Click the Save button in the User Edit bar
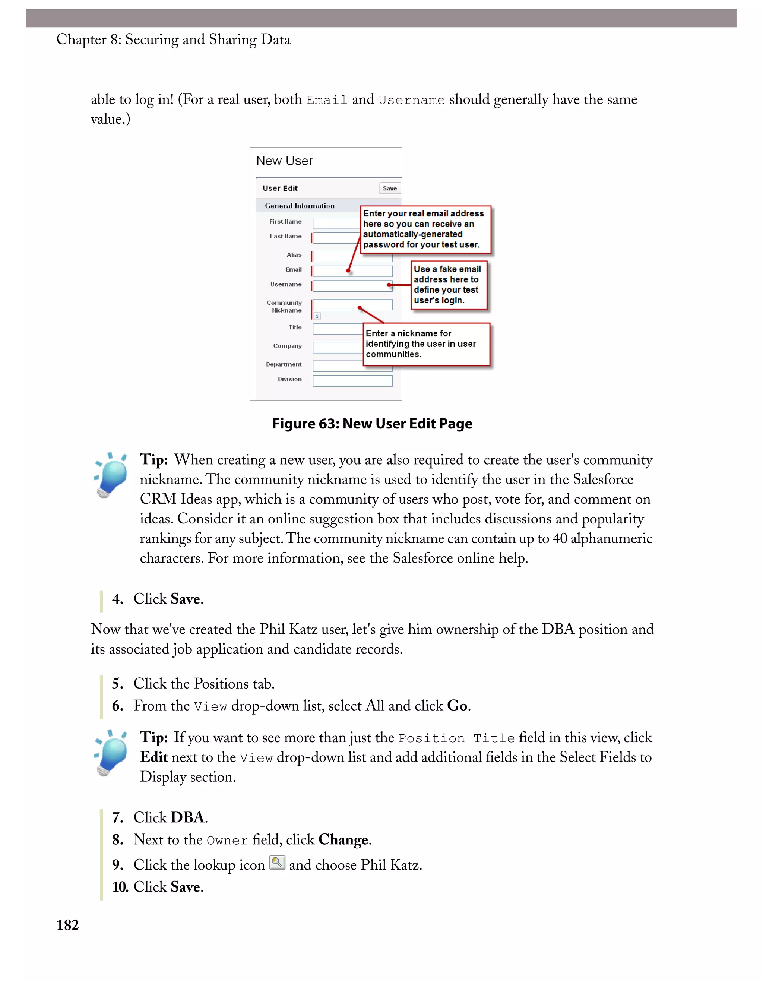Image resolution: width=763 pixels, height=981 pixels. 389,188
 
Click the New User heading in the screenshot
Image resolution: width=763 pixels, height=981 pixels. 284,161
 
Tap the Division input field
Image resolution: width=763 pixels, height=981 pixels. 352,381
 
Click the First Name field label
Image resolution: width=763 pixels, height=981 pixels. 285,221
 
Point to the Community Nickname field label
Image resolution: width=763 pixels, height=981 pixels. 284,306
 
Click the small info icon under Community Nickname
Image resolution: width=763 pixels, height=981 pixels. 317,316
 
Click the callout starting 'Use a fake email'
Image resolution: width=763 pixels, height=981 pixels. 449,285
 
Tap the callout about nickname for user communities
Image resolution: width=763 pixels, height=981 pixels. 426,344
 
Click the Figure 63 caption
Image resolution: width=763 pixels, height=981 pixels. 372,424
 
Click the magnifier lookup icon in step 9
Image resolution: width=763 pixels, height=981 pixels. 277,863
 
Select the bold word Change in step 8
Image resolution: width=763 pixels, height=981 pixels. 343,839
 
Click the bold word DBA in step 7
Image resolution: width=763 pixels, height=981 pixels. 188,817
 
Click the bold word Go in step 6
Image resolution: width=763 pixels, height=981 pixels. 457,706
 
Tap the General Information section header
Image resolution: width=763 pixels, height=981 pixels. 300,206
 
